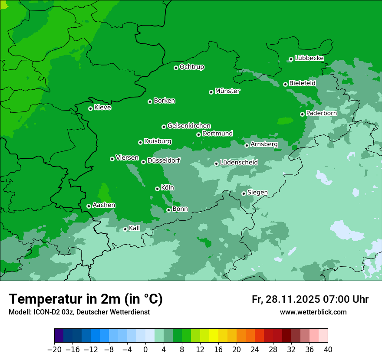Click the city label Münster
(x=227, y=91)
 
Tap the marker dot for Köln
(x=157, y=189)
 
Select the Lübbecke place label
(x=309, y=58)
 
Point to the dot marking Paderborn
(x=302, y=114)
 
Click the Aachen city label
(x=104, y=205)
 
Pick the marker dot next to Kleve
(x=90, y=108)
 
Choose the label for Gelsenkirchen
(x=189, y=126)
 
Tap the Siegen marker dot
(x=244, y=193)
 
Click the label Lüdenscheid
(x=239, y=163)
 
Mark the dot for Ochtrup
(x=176, y=68)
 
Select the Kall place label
(x=135, y=228)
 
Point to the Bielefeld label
(x=302, y=83)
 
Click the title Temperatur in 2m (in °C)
(x=86, y=299)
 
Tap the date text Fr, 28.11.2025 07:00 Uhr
(x=310, y=299)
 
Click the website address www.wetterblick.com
(x=313, y=312)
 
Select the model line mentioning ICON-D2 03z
(x=79, y=312)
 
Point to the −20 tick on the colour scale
(x=55, y=350)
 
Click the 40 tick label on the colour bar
(x=328, y=350)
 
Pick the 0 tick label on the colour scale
(x=145, y=350)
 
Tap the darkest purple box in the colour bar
(x=59, y=336)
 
